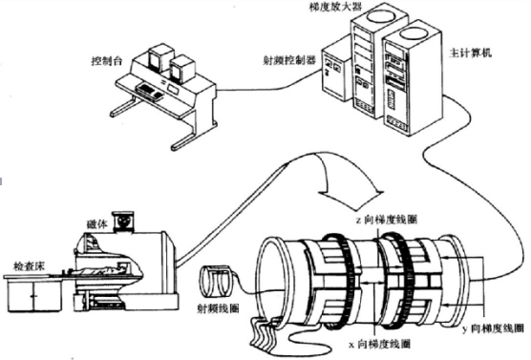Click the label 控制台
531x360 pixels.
[106, 61]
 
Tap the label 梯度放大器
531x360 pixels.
[335, 6]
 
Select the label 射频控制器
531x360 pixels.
[289, 60]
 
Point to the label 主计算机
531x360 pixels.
[470, 53]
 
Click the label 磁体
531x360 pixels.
[97, 223]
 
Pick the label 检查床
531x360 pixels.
[29, 266]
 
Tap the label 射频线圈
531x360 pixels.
[218, 308]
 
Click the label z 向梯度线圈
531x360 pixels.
[386, 220]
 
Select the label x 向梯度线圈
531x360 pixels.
[379, 344]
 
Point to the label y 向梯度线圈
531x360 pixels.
[494, 328]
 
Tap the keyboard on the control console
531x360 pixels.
[150, 92]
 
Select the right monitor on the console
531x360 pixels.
[182, 69]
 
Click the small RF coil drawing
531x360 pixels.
[217, 282]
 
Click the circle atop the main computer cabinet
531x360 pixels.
[414, 32]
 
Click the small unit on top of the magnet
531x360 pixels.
[123, 222]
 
